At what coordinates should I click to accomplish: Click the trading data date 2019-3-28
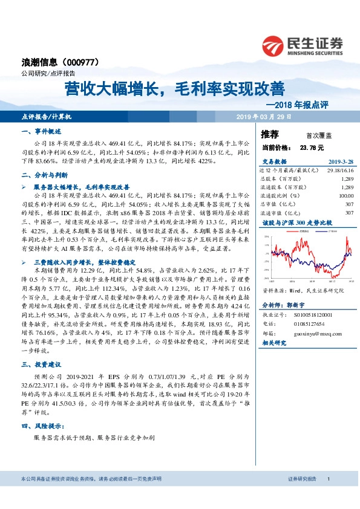click(x=341, y=162)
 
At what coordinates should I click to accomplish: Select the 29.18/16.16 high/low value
click(x=340, y=171)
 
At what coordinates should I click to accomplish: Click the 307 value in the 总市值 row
click(x=349, y=204)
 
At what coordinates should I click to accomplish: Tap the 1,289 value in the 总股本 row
click(x=347, y=180)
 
